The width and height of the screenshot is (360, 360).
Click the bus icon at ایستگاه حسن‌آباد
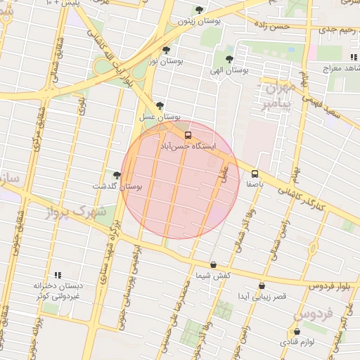[x=187, y=135]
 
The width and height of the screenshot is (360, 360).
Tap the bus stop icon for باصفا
[x=255, y=174]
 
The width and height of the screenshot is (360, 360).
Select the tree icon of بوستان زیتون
[x=200, y=10]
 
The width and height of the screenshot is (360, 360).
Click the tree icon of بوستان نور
[x=166, y=50]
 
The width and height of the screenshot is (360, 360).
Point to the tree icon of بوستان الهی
[x=229, y=58]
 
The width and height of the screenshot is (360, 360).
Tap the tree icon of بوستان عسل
[x=160, y=105]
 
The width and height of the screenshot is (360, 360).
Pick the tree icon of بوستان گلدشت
[x=116, y=174]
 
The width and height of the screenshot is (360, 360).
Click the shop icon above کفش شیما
[x=214, y=265]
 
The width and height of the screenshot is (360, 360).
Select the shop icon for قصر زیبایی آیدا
[x=262, y=286]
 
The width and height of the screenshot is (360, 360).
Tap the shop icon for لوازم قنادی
[x=296, y=331]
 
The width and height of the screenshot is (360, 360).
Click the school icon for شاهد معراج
[x=353, y=57]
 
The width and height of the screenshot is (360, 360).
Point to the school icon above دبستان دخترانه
[x=58, y=275]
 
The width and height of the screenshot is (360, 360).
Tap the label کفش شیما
[x=214, y=276]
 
